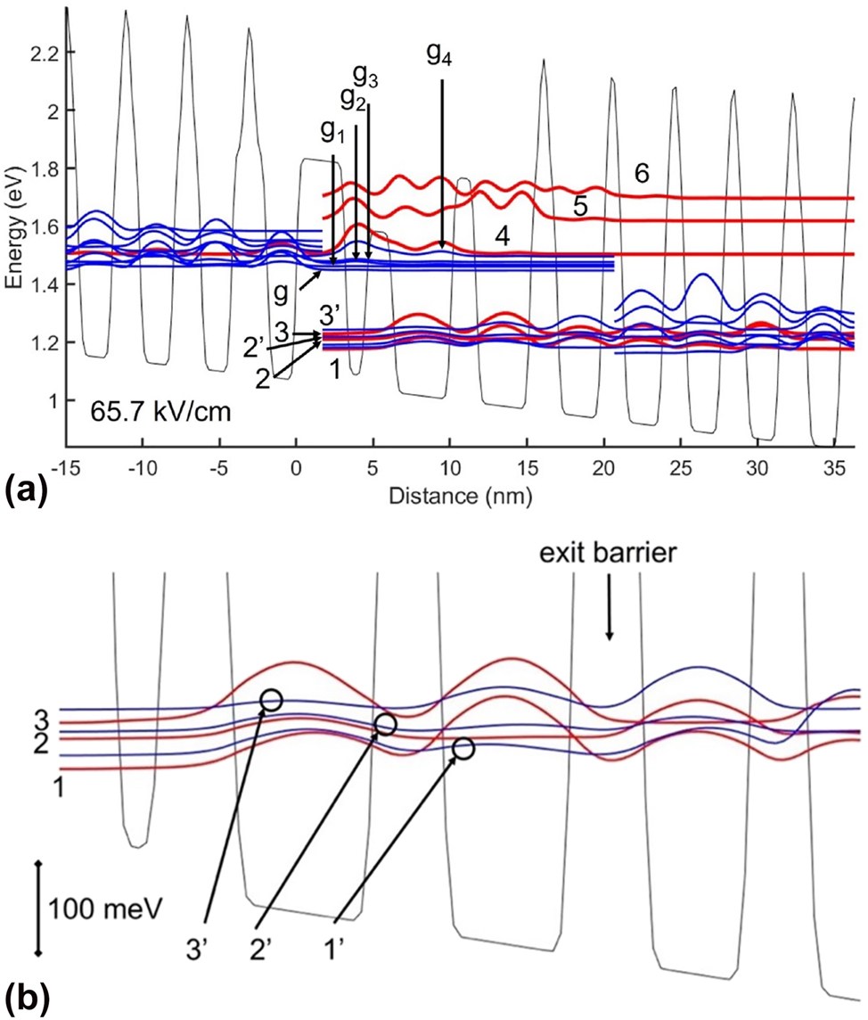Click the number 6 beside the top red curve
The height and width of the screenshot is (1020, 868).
(642, 173)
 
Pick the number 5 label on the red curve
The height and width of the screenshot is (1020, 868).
(579, 207)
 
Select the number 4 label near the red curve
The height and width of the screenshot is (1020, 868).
(503, 236)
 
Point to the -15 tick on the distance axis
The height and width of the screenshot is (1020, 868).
(65, 467)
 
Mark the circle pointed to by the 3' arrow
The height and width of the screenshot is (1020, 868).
(272, 700)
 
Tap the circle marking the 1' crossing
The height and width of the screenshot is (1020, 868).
(463, 749)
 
